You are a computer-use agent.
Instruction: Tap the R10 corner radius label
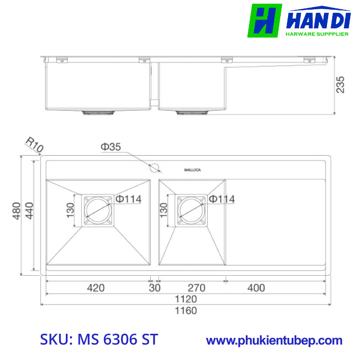34,145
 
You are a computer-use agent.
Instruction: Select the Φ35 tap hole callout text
111,147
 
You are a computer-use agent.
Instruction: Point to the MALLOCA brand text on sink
193,170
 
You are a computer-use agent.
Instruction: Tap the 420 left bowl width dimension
95,287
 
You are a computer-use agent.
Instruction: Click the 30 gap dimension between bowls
154,287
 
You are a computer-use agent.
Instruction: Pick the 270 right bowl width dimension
196,287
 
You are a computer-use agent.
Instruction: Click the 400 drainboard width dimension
256,287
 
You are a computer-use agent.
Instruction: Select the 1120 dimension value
186,299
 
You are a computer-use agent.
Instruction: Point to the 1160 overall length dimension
186,310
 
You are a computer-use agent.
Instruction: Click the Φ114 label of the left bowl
128,199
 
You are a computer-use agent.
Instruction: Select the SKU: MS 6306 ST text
99,340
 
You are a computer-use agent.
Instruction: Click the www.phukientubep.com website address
274,340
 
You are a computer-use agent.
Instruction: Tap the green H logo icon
264,21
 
